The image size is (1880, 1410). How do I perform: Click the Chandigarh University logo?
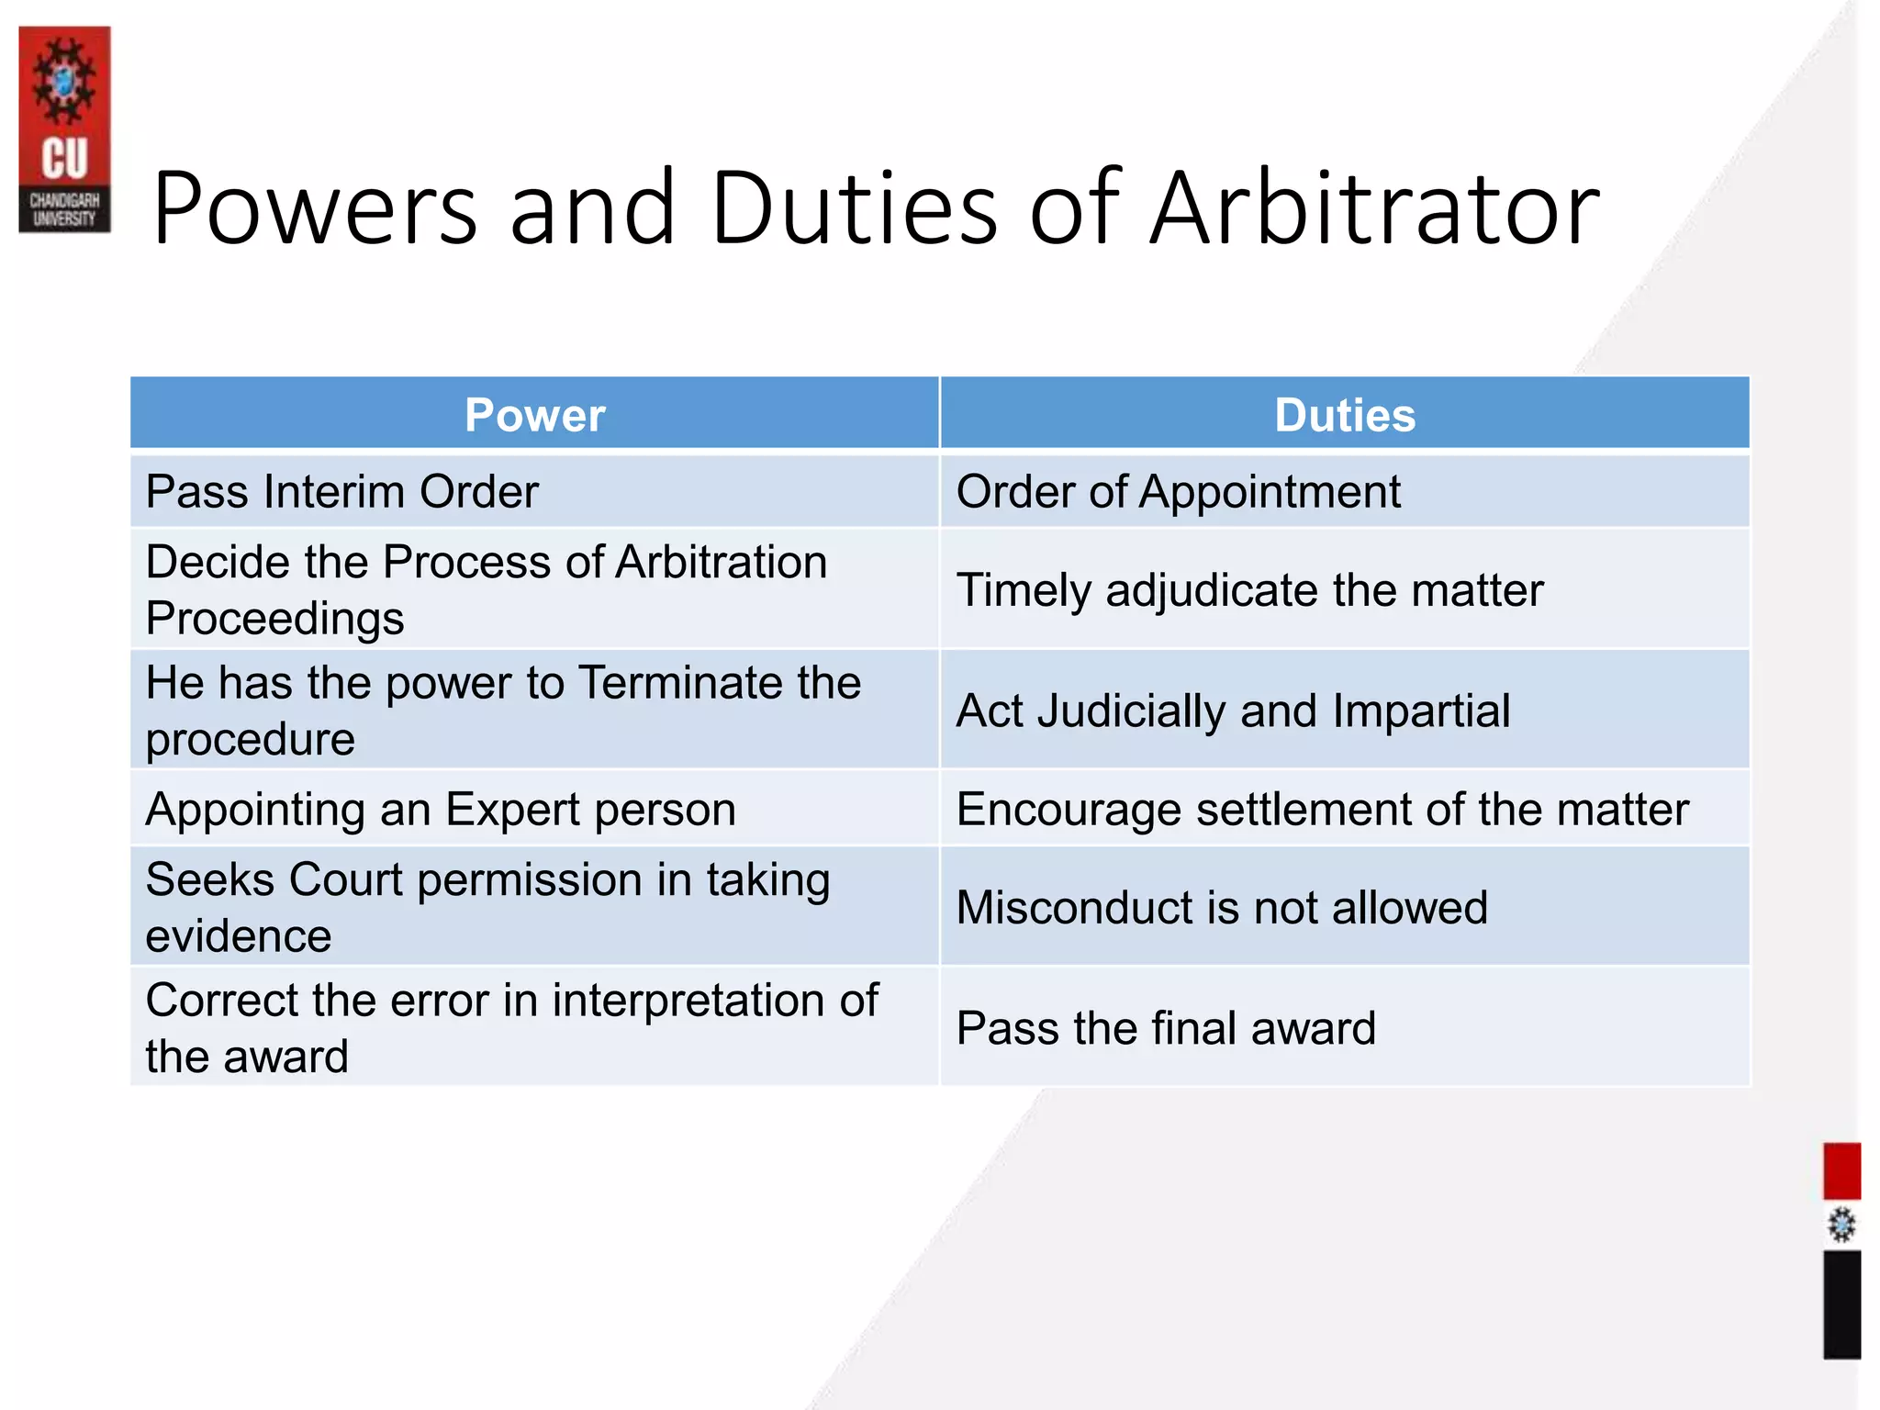tap(64, 129)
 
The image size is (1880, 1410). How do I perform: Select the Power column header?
tap(534, 415)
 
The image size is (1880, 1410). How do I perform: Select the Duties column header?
tap(1345, 415)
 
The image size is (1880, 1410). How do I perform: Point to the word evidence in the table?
tap(239, 936)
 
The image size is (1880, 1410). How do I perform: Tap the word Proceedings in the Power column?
tap(274, 619)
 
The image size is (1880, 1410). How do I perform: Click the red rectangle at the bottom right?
tap(1841, 1170)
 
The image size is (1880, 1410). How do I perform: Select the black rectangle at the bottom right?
tap(1841, 1304)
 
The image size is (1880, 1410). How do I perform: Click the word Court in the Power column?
tap(345, 879)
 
